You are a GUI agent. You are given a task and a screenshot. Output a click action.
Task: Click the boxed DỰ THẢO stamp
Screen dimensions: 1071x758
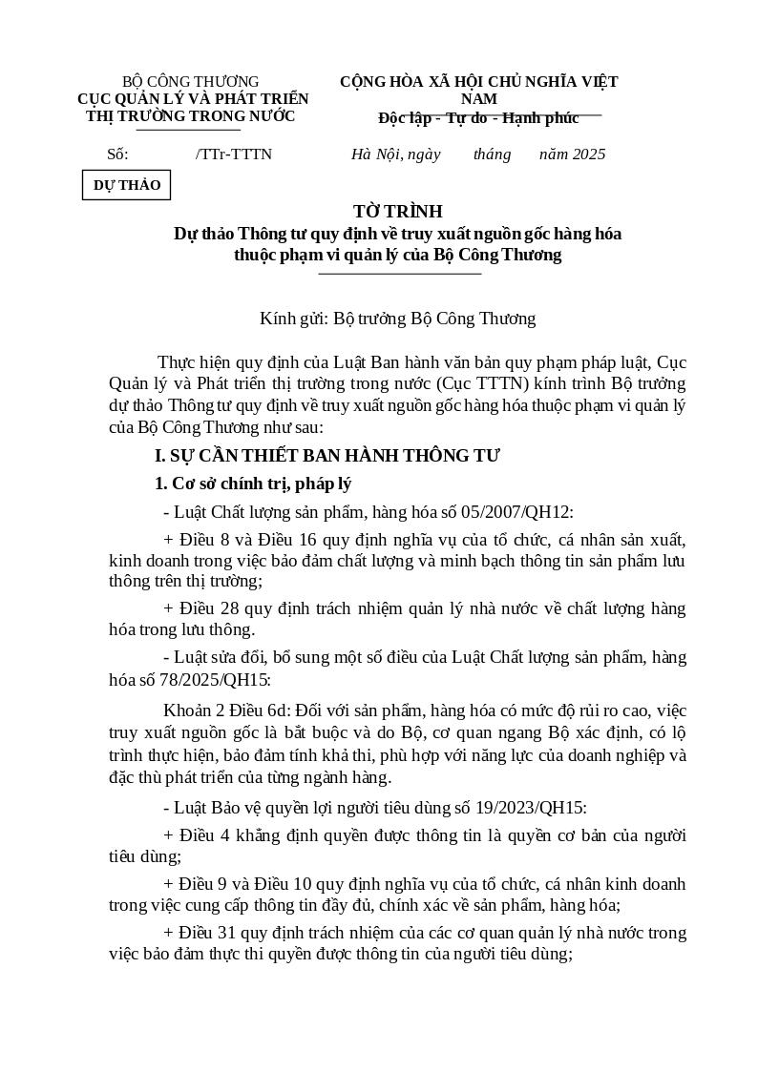(126, 185)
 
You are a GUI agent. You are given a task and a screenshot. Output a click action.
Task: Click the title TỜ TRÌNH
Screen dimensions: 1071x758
(397, 212)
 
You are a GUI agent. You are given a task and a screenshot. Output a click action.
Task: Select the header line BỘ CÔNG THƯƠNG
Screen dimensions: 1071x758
(191, 82)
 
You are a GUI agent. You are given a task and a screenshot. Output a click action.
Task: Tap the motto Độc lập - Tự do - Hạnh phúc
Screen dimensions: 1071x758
(478, 118)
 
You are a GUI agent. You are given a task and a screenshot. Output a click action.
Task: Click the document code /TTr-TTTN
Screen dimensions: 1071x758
(234, 154)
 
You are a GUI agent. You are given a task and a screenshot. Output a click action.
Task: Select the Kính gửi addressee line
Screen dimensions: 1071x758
(397, 319)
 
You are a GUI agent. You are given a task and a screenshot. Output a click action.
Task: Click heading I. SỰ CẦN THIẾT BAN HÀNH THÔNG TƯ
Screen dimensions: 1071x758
(327, 456)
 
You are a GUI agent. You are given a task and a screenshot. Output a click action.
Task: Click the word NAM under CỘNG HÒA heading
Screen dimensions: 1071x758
(478, 99)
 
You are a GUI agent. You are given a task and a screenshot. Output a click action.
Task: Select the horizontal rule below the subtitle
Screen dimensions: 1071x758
(399, 274)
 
